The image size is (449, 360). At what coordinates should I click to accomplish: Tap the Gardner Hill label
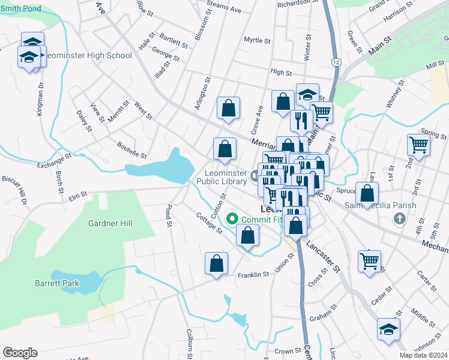point(110,223)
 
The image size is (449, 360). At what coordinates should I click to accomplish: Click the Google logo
point(20,353)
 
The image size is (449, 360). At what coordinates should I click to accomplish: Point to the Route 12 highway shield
point(336,62)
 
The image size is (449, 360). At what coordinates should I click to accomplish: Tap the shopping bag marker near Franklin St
point(216,263)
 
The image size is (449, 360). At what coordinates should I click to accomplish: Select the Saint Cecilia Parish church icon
point(400,218)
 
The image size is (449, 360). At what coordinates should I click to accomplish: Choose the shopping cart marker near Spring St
point(418,145)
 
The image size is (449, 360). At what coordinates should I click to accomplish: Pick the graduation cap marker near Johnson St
point(388,329)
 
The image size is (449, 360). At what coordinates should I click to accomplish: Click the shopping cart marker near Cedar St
point(370,261)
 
